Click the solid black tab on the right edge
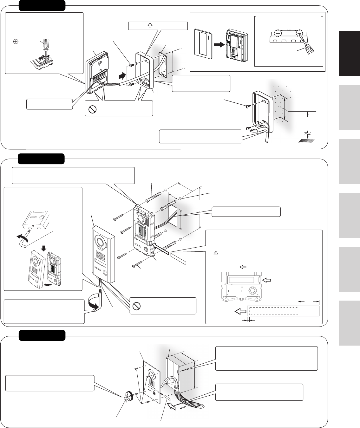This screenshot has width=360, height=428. tap(349, 53)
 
